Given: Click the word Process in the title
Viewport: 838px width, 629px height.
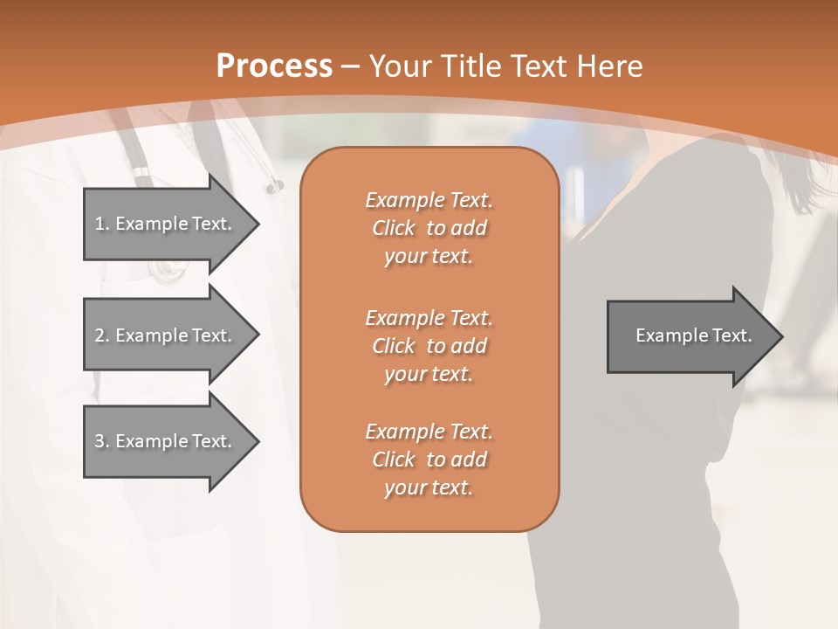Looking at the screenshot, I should [274, 66].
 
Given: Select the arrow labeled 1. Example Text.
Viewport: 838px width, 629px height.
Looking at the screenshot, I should [166, 224].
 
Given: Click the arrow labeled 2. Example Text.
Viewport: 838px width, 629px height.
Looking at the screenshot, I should [166, 335].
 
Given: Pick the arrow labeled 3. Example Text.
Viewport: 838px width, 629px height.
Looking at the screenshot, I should [166, 441].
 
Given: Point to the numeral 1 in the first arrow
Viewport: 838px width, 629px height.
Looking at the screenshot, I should [99, 224].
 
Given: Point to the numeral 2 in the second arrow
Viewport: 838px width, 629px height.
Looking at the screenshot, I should [99, 335].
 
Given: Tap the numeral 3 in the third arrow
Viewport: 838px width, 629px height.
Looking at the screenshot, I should [99, 441].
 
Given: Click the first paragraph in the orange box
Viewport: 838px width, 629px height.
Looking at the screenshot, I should [429, 228].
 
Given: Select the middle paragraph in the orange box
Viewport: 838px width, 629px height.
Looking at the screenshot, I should [429, 345].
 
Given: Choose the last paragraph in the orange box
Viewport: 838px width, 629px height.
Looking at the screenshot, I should [429, 460].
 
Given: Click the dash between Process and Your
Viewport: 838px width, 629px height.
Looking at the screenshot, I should [351, 66].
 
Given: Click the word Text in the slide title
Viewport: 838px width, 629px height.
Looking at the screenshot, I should [536, 66].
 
